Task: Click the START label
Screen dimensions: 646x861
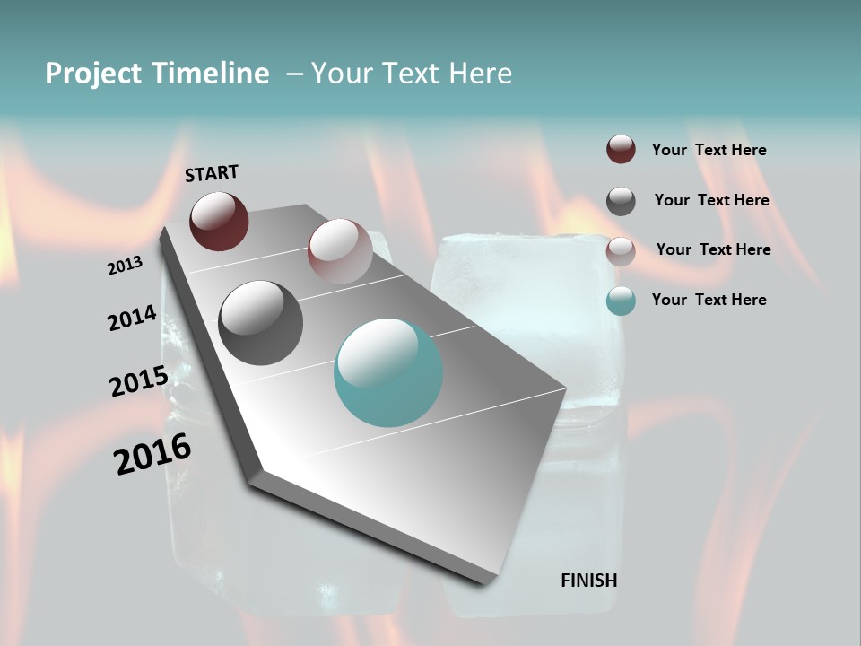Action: click(x=212, y=173)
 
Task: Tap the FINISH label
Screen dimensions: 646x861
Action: click(x=588, y=581)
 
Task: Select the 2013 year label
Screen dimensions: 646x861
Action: click(x=125, y=266)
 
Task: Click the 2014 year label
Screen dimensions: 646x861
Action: click(x=132, y=319)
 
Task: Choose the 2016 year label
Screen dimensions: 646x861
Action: click(x=152, y=454)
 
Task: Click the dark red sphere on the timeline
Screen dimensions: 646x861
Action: click(x=219, y=221)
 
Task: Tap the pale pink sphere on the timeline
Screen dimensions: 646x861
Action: click(x=340, y=250)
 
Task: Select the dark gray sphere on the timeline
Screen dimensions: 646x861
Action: click(x=261, y=323)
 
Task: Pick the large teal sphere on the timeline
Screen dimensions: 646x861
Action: click(x=388, y=372)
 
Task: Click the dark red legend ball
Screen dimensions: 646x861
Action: click(x=621, y=150)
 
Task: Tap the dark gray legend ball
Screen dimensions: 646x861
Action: click(x=621, y=201)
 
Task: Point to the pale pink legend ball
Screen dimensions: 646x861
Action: click(x=621, y=251)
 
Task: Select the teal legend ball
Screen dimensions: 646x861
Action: click(x=621, y=301)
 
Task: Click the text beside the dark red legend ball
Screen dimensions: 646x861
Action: click(x=709, y=150)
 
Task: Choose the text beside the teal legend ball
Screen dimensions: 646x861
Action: click(x=709, y=300)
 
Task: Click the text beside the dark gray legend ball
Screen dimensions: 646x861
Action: click(x=711, y=200)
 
